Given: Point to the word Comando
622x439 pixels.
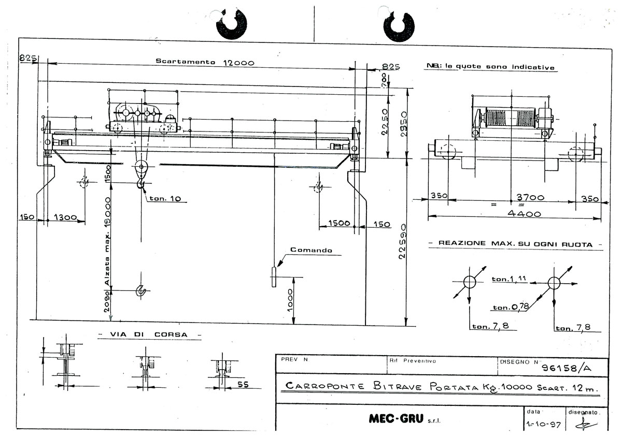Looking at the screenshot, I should coord(311,250).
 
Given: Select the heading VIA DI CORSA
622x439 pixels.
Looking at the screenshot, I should coord(150,334).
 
